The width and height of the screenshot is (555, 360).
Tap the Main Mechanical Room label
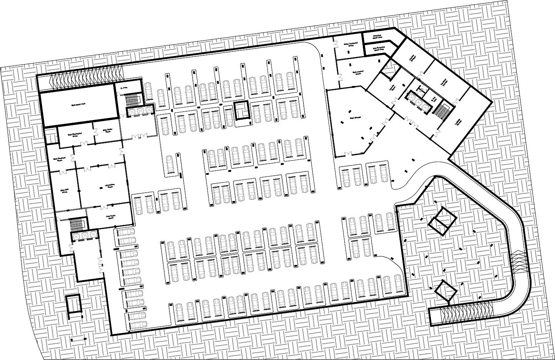(x=75, y=134)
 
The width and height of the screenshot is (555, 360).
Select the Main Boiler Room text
(x=107, y=131)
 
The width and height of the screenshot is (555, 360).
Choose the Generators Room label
(x=110, y=186)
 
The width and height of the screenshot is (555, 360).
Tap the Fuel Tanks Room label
(x=110, y=217)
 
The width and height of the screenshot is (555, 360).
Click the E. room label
(x=123, y=88)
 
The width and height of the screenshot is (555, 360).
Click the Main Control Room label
(x=358, y=72)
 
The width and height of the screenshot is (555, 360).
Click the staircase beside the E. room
(x=133, y=100)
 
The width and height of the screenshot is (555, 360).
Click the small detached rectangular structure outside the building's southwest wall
(x=73, y=305)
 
